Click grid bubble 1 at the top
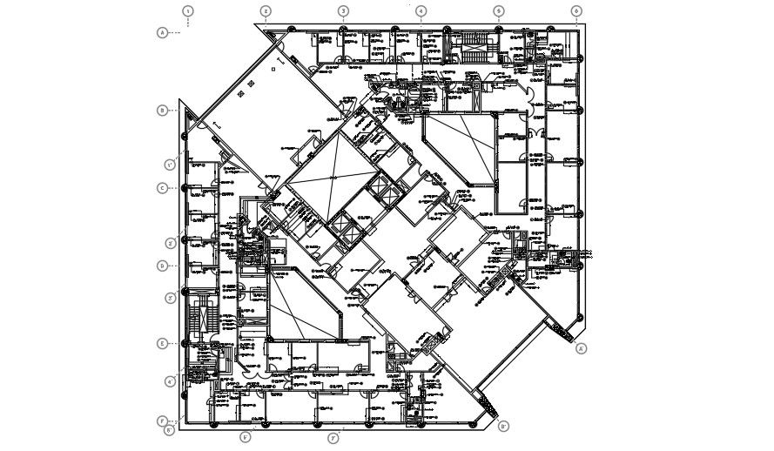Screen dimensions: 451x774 pyautogui.click(x=188, y=11)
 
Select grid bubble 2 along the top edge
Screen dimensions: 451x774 pyautogui.click(x=266, y=11)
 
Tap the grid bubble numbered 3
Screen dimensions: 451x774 pyautogui.click(x=343, y=11)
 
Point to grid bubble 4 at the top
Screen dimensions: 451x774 pyautogui.click(x=421, y=11)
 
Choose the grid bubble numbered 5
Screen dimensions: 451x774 pyautogui.click(x=499, y=11)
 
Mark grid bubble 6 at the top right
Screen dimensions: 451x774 pyautogui.click(x=576, y=11)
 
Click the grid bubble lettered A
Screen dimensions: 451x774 pyautogui.click(x=162, y=32)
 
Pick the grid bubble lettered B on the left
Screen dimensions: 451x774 pyautogui.click(x=162, y=110)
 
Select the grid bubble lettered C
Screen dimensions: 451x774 pyautogui.click(x=162, y=188)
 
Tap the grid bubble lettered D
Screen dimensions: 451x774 pyautogui.click(x=162, y=266)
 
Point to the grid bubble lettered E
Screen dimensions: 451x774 pyautogui.click(x=162, y=344)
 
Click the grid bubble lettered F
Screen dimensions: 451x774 pyautogui.click(x=162, y=421)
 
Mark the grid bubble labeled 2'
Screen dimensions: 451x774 pyautogui.click(x=171, y=244)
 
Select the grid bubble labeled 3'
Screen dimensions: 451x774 pyautogui.click(x=171, y=298)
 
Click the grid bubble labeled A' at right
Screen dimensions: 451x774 pyautogui.click(x=582, y=349)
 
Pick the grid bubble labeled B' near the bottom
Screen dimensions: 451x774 pyautogui.click(x=504, y=427)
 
